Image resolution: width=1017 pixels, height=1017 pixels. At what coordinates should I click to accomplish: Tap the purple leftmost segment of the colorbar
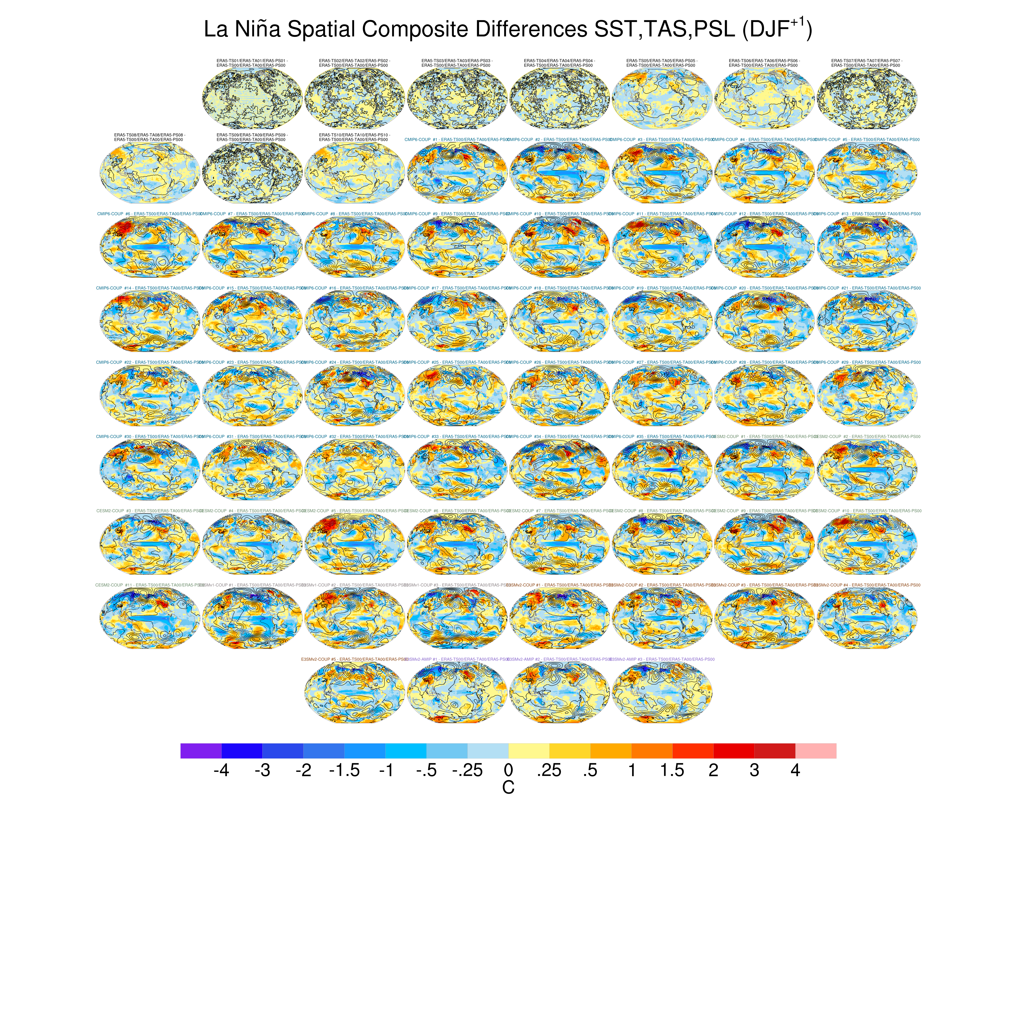[200, 751]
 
